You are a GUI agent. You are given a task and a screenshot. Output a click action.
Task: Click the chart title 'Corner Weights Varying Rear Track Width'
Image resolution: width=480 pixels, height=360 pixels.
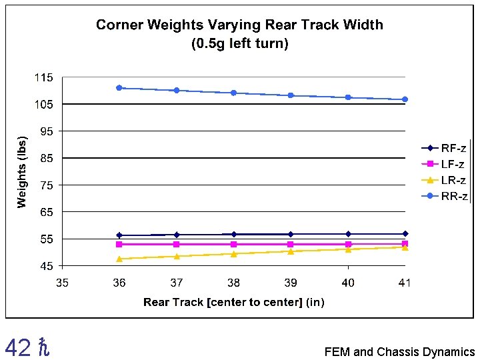pos(239,25)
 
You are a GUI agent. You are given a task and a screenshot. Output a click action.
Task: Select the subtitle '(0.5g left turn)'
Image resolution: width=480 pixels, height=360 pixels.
pos(239,44)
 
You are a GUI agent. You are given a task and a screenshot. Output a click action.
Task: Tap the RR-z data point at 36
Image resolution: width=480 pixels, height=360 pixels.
pos(119,87)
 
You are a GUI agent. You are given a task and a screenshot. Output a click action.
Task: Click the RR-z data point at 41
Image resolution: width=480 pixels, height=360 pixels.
pos(405,99)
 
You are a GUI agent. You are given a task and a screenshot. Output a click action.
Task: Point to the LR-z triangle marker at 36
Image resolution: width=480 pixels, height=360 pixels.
pos(119,259)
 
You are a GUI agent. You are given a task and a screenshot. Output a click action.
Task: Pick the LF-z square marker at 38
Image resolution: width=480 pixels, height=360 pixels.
pos(233,244)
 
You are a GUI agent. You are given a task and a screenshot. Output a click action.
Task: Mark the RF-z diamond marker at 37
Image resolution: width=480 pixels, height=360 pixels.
pos(176,235)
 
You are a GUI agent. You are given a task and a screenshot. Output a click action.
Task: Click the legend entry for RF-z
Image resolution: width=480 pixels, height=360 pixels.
pos(445,148)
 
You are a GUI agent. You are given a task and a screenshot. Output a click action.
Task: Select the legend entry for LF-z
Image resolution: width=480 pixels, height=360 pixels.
pos(445,164)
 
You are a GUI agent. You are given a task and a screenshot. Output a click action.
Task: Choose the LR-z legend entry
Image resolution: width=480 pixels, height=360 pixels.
pos(445,180)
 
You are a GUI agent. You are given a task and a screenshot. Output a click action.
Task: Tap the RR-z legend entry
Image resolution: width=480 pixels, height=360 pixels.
pos(445,196)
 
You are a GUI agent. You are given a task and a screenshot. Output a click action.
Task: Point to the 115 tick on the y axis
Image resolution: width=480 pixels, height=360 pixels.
pos(44,78)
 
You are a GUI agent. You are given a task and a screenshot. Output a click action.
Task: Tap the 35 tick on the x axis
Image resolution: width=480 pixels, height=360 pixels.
pos(62,283)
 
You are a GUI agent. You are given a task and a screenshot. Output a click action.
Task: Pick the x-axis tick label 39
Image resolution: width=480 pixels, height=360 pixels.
pos(291,283)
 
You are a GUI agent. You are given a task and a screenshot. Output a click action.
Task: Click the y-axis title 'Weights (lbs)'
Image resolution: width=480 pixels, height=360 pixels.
pos(23,172)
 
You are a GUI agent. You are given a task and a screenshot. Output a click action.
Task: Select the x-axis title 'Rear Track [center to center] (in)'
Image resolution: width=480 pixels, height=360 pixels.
pos(234,303)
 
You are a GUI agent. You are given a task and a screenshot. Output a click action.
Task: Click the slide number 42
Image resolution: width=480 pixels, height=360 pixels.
pos(17,347)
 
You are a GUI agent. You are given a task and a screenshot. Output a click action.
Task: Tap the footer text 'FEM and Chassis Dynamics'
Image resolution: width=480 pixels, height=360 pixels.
pos(399,352)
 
